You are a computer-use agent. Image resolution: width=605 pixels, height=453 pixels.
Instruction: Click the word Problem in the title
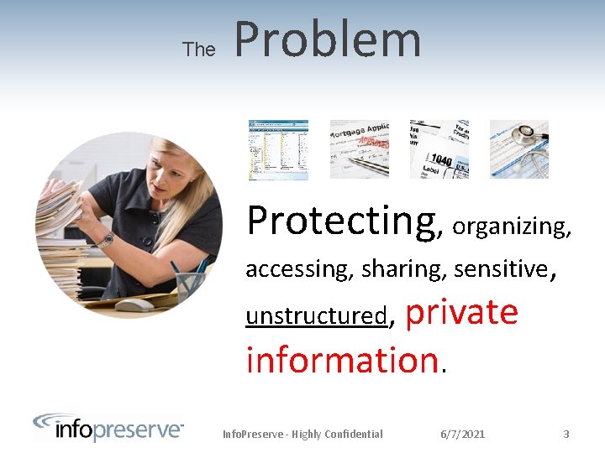(x=328, y=40)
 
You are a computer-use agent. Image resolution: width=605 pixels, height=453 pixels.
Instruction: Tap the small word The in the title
(x=199, y=49)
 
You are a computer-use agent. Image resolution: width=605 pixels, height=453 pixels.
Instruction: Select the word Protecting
(x=342, y=221)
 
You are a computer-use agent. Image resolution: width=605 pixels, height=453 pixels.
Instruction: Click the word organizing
(x=512, y=226)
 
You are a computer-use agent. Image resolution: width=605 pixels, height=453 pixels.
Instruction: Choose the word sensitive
(x=500, y=269)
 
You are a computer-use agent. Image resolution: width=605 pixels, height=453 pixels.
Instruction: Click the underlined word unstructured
(x=316, y=316)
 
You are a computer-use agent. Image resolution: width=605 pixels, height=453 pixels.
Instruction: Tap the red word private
(x=462, y=312)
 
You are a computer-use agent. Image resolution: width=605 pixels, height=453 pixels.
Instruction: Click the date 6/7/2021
(x=462, y=434)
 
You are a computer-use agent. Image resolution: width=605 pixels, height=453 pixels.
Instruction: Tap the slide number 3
(x=566, y=434)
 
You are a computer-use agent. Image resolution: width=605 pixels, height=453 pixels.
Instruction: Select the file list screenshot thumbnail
(x=278, y=149)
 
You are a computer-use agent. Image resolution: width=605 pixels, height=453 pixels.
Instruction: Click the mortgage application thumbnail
(x=359, y=149)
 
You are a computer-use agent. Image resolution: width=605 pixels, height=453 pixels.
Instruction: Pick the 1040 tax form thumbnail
(x=439, y=149)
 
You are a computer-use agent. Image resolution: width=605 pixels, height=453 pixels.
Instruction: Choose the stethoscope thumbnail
(x=518, y=149)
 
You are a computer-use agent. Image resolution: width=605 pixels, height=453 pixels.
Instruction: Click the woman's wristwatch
(x=105, y=241)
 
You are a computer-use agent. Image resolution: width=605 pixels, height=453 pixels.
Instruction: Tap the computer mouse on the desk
(x=134, y=305)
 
